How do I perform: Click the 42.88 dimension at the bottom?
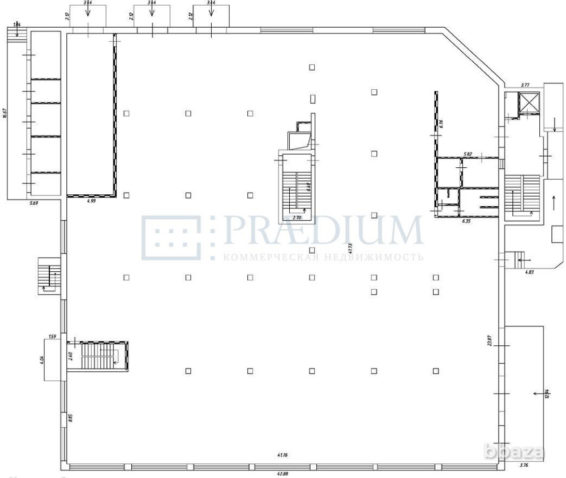coord(282,474)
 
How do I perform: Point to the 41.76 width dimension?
coord(282,455)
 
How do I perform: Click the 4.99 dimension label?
coord(91,201)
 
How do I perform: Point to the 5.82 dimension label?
coord(468,154)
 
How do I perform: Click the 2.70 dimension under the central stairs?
coord(296,216)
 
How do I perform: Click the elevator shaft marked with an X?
coord(530,102)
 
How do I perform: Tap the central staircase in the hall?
coord(295,186)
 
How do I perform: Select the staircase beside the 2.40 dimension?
coord(100,356)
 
